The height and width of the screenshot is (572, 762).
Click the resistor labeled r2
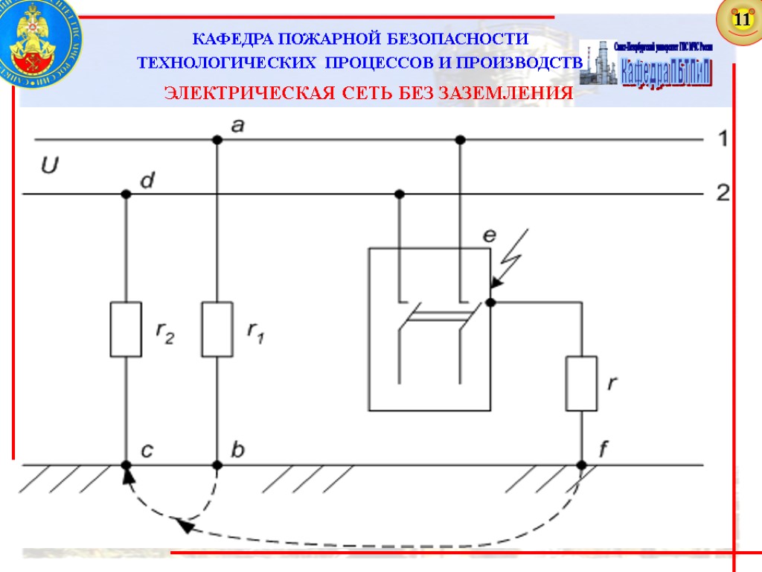pos(126,329)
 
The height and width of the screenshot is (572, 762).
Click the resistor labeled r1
pos(217,329)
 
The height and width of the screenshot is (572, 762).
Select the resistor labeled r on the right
pos(581,384)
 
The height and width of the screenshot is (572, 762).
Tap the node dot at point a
pos(217,139)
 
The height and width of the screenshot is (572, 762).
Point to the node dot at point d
pos(126,194)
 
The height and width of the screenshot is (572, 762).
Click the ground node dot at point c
pos(126,465)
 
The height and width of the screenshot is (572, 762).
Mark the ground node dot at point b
pos(217,465)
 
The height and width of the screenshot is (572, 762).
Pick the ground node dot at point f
pos(581,465)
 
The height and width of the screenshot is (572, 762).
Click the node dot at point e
pos(490,302)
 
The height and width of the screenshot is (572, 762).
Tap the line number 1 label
pos(722,139)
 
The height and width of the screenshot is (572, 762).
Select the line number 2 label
pos(722,194)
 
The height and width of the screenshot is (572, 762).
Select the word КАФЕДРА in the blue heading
pos(223,39)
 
